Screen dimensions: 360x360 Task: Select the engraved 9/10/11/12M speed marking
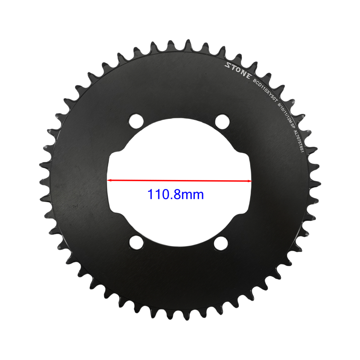[x=285, y=111]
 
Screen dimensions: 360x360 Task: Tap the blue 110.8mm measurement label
[x=176, y=195]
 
